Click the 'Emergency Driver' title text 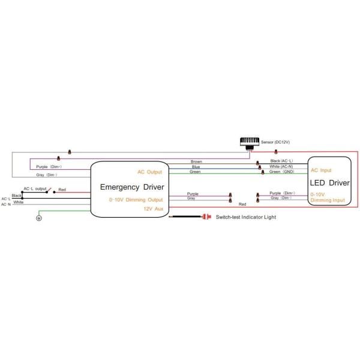[x=132, y=187]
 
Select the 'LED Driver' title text [x=329, y=182]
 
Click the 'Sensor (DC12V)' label [x=275, y=142]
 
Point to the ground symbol [x=39, y=218]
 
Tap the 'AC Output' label [x=150, y=172]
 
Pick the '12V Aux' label [x=152, y=208]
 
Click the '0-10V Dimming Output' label [x=136, y=199]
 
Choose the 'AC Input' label [x=321, y=170]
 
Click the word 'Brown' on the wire [x=196, y=161]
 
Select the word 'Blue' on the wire [x=196, y=167]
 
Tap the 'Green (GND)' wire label [x=281, y=172]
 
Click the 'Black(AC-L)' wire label [x=281, y=161]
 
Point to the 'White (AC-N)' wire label [x=281, y=166]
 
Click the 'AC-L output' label [x=35, y=188]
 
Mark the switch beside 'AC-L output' [x=51, y=191]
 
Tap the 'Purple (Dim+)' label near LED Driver [x=281, y=193]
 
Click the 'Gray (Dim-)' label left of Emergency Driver [x=49, y=175]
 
